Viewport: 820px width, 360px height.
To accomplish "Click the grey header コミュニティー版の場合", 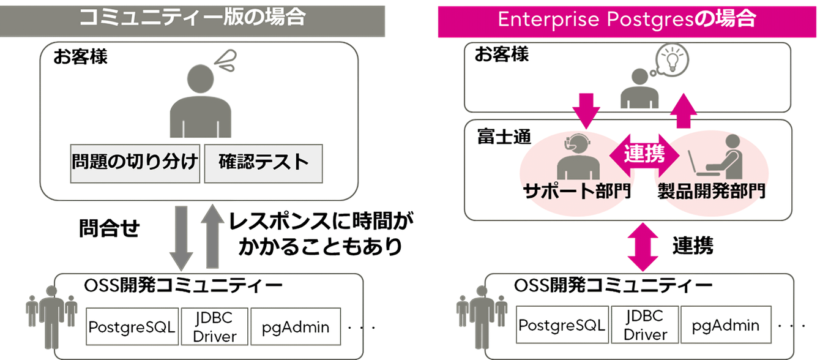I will coord(192,18).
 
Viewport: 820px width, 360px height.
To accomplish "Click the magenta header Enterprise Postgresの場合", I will coord(627,20).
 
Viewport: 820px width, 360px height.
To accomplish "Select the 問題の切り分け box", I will coord(135,163).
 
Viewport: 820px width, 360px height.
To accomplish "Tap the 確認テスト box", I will coord(263,163).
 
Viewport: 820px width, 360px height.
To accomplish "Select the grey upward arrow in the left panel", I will coord(212,236).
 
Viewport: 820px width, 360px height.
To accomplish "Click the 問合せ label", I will coord(110,229).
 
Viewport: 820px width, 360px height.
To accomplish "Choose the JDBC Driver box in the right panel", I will coord(645,325).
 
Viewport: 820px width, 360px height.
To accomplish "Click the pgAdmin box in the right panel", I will coord(725,325).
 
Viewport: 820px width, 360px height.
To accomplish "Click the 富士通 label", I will coord(495,137).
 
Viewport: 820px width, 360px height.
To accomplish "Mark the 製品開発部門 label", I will coord(710,191).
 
